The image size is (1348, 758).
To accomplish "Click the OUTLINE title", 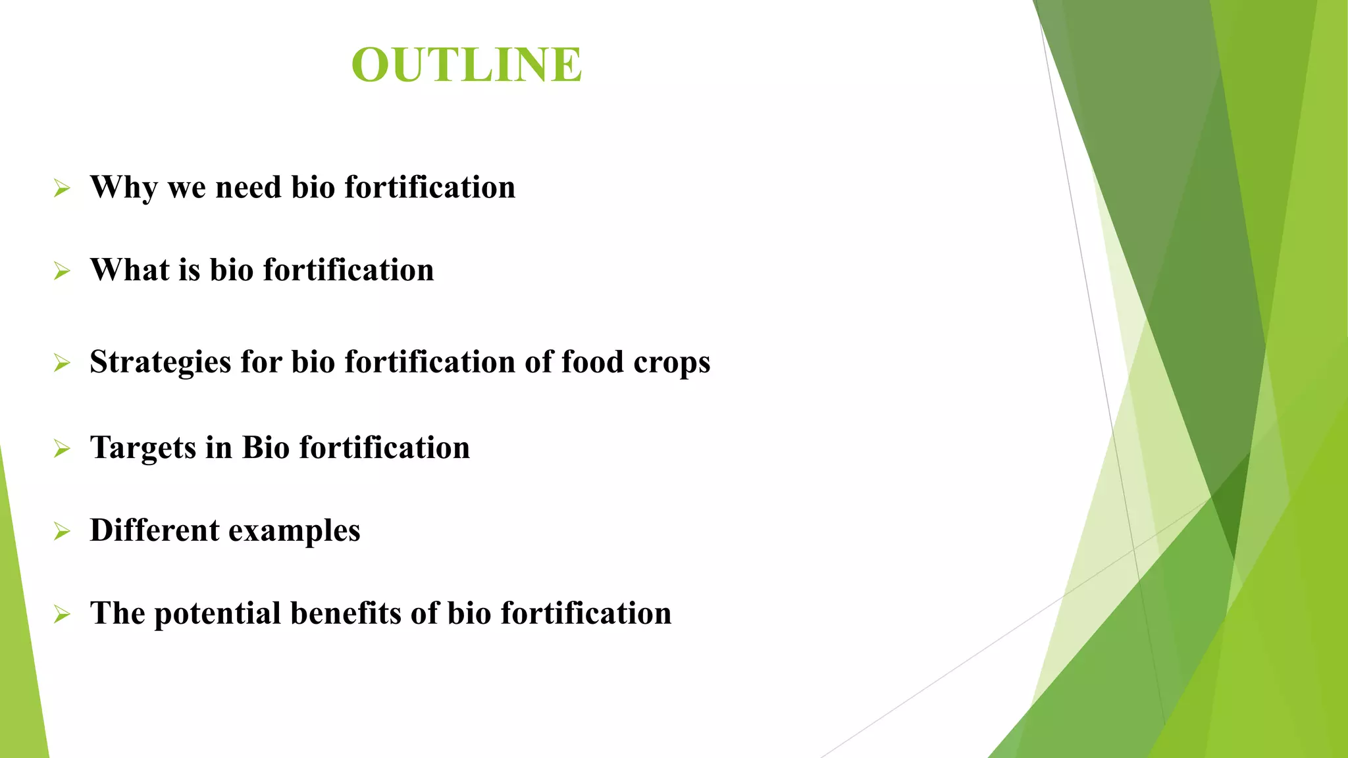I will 467,65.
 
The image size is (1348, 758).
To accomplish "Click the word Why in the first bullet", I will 124,188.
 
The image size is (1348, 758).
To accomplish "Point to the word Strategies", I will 160,363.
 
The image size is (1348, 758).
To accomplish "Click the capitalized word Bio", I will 265,448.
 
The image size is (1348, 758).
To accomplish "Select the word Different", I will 154,530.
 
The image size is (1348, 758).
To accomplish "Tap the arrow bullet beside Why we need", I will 62,189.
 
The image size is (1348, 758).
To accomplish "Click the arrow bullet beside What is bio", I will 62,271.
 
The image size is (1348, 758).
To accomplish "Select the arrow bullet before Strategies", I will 62,363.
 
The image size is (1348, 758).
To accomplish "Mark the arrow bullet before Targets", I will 62,449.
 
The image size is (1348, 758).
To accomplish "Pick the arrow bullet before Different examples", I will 62,531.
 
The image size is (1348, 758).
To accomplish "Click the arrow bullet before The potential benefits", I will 62,614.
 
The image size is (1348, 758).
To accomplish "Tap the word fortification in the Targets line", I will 384,448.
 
